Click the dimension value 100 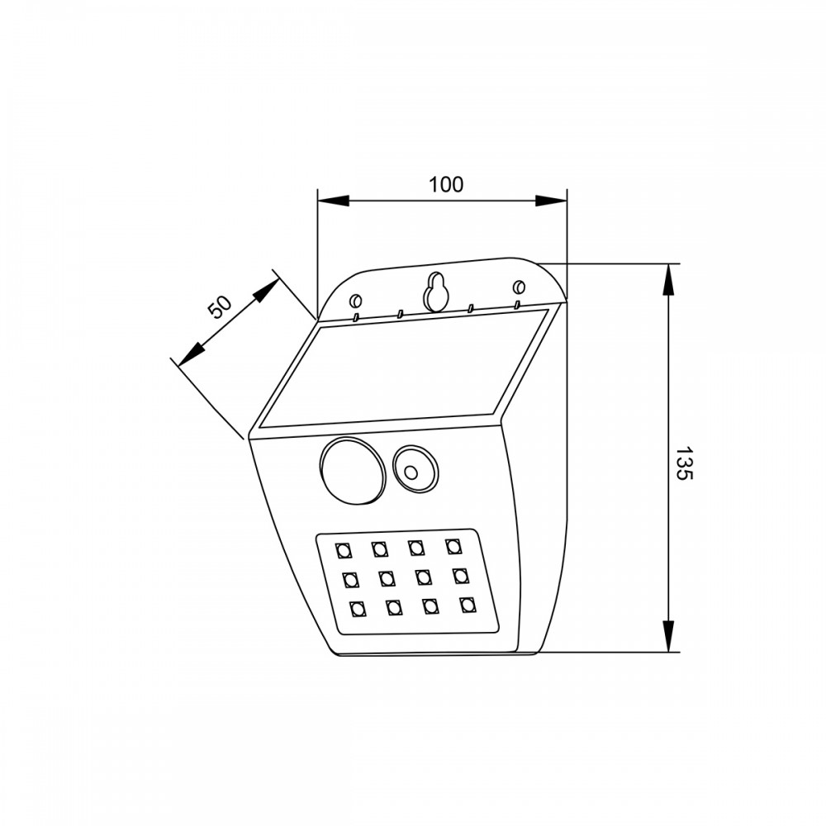[446, 185]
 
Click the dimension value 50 [221, 307]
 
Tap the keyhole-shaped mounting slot [435, 292]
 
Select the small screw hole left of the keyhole [356, 301]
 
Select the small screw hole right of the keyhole [520, 287]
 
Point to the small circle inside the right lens [411, 472]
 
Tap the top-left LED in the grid [344, 551]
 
